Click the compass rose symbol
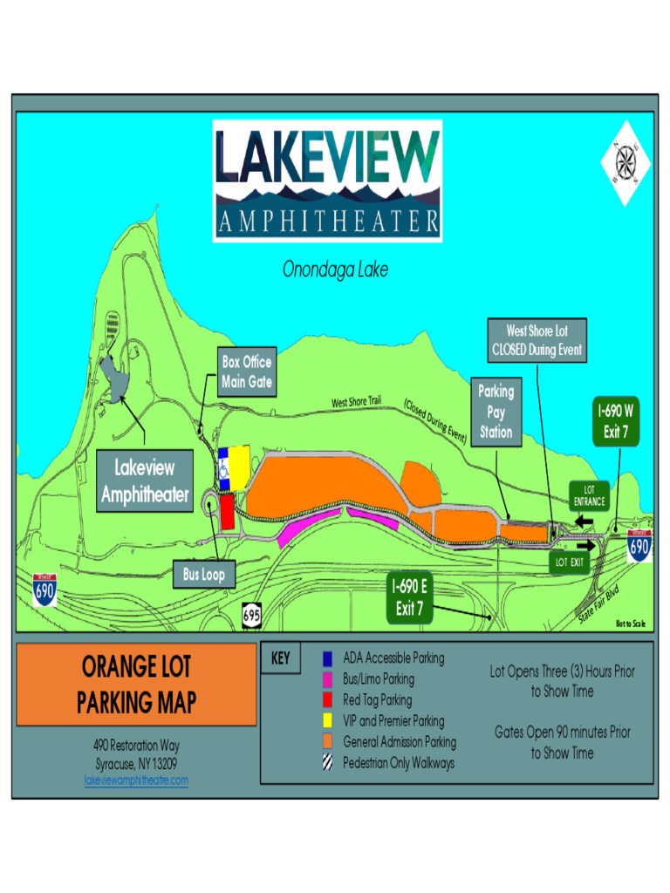pos(626,162)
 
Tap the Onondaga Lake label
pos(335,269)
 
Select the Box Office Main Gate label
pos(247,372)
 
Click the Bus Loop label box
pos(203,575)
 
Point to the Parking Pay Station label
pos(496,412)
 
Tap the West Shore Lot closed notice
pos(537,341)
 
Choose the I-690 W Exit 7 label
pos(616,421)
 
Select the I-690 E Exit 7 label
pos(408,599)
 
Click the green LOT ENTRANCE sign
pos(589,495)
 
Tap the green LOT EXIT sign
pos(570,562)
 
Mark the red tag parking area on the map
pos(227,512)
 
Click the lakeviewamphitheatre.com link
pos(136,781)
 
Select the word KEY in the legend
pos(280,659)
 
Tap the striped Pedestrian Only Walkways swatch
pos(327,763)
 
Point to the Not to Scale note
pos(630,624)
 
